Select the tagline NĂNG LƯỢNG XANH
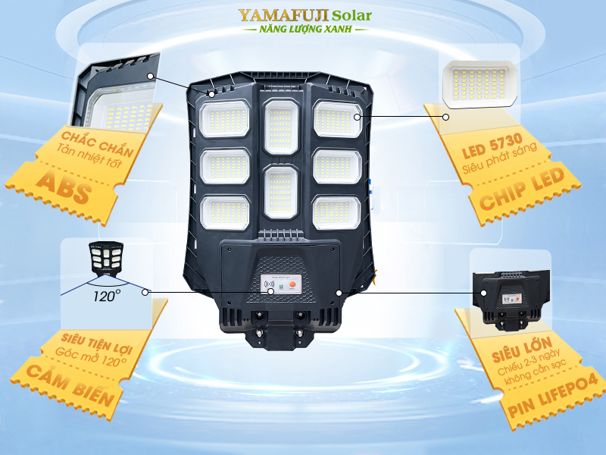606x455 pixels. [306, 29]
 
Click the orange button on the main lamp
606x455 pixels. [293, 288]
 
